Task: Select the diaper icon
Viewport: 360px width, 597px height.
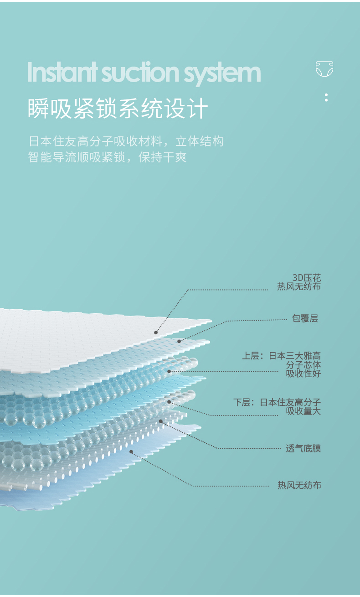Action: pos(324,69)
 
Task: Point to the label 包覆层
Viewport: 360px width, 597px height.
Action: pos(305,318)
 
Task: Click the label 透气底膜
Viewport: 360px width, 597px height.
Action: pos(303,448)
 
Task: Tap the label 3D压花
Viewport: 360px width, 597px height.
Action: pos(306,277)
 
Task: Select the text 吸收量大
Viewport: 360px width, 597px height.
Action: pos(303,411)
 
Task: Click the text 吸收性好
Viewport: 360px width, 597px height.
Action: pos(303,374)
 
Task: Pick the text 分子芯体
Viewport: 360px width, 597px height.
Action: pos(303,365)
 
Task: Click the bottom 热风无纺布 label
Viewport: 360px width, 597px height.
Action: pos(299,485)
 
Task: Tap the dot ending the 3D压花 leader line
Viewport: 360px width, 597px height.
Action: pos(156,332)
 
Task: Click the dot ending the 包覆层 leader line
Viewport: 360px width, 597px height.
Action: pos(179,341)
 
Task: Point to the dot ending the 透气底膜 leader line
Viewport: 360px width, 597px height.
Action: pos(160,421)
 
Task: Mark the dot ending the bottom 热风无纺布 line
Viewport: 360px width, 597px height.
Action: pos(131,452)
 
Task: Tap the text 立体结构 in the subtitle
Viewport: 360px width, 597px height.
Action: pos(200,141)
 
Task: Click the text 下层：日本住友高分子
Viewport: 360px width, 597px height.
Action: pos(277,402)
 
